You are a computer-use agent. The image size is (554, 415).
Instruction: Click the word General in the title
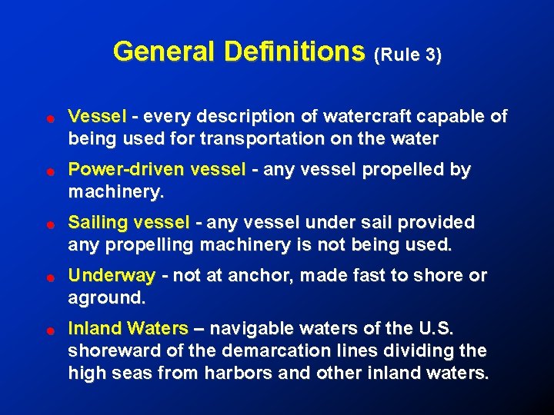point(165,51)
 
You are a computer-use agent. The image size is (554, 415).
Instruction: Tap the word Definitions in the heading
point(294,51)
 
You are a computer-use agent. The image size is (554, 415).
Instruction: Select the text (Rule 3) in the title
point(408,55)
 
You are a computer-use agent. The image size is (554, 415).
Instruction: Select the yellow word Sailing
point(98,222)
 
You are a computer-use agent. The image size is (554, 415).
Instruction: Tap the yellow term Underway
point(112,275)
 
